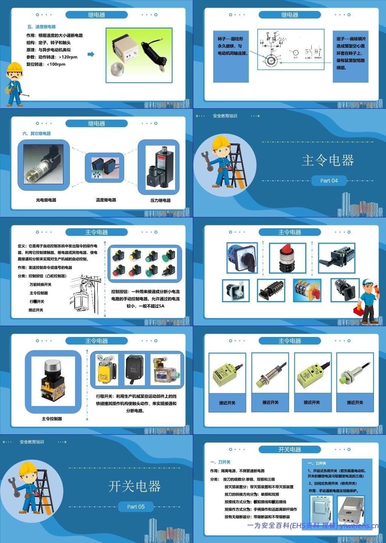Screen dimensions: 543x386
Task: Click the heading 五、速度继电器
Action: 41,27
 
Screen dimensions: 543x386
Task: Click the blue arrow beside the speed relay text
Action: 91,54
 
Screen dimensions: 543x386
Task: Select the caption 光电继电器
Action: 46,200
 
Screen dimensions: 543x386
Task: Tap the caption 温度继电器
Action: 106,200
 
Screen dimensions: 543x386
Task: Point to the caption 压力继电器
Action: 160,200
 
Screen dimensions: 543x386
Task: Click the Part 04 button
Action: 329,181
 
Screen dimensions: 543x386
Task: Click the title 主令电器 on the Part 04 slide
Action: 328,160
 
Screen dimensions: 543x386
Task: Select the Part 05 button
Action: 135,507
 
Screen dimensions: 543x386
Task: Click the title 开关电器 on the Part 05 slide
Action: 134,486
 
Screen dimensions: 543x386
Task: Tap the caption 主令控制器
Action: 52,419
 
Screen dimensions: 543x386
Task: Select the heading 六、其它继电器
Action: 36,134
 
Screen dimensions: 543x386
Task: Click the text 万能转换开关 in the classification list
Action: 40,285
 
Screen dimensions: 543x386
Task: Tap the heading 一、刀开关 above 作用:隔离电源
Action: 220,462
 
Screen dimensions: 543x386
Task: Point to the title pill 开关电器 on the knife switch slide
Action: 289,449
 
